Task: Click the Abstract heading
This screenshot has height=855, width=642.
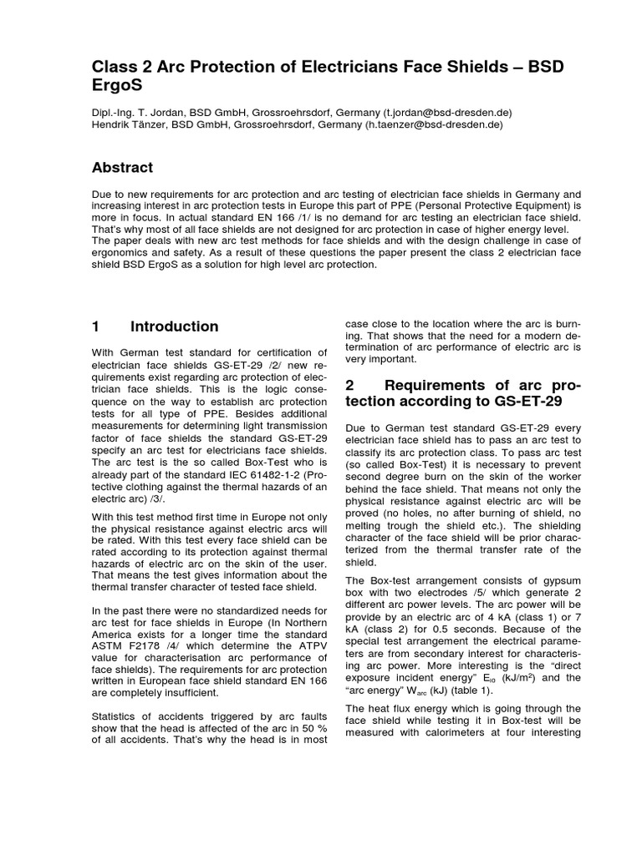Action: [x=122, y=167]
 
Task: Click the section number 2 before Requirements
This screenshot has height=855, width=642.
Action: [x=351, y=385]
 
